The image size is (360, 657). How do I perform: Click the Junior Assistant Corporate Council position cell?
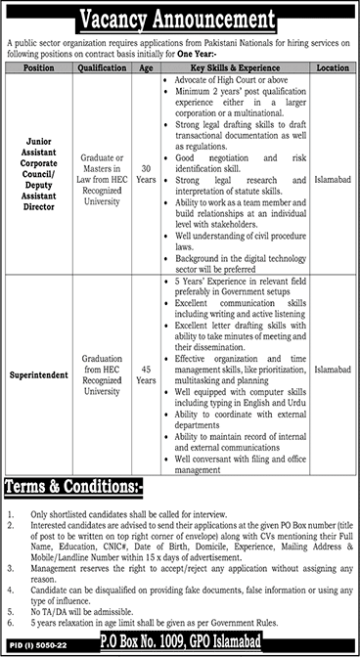pos(38,173)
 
